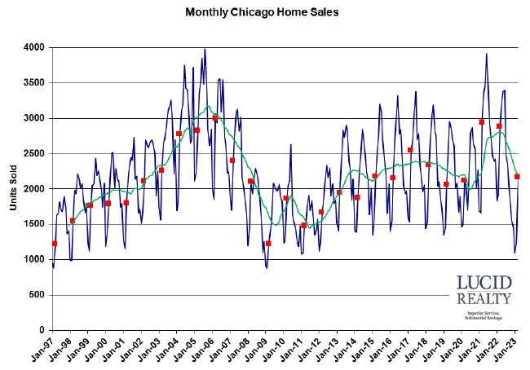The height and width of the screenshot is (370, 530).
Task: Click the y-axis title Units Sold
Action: [14, 189]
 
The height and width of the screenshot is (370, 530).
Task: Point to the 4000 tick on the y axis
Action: [33, 47]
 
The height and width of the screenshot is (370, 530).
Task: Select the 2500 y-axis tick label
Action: [33, 153]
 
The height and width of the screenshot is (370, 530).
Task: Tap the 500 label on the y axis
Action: [36, 295]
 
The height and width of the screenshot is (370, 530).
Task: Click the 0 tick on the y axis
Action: [42, 330]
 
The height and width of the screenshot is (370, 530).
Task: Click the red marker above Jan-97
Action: [55, 244]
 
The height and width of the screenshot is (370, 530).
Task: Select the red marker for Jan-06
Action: [215, 118]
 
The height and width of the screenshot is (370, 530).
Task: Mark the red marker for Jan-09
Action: [268, 244]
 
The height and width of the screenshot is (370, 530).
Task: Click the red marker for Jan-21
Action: [482, 122]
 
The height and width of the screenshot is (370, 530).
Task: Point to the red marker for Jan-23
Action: [517, 177]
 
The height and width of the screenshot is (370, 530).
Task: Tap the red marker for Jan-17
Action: [410, 150]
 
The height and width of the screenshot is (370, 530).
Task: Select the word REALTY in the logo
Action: [484, 299]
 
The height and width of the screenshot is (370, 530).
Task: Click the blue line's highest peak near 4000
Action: [205, 50]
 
